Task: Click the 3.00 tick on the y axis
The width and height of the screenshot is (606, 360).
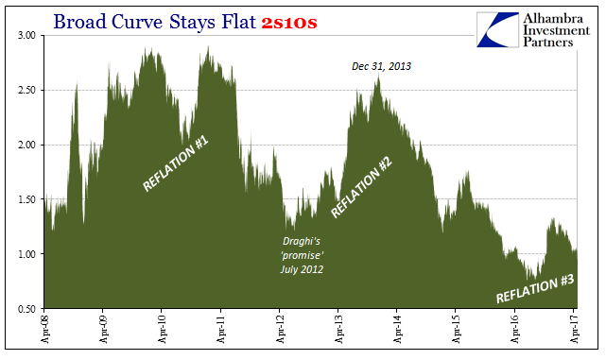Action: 26,35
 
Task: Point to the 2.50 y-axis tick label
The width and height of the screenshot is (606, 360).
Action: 26,90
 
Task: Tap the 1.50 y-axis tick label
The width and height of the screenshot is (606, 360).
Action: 26,199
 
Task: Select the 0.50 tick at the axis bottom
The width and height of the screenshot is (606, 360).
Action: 26,309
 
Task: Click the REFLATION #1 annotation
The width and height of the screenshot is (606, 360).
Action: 176,164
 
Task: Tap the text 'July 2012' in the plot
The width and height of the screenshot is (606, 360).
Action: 302,270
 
